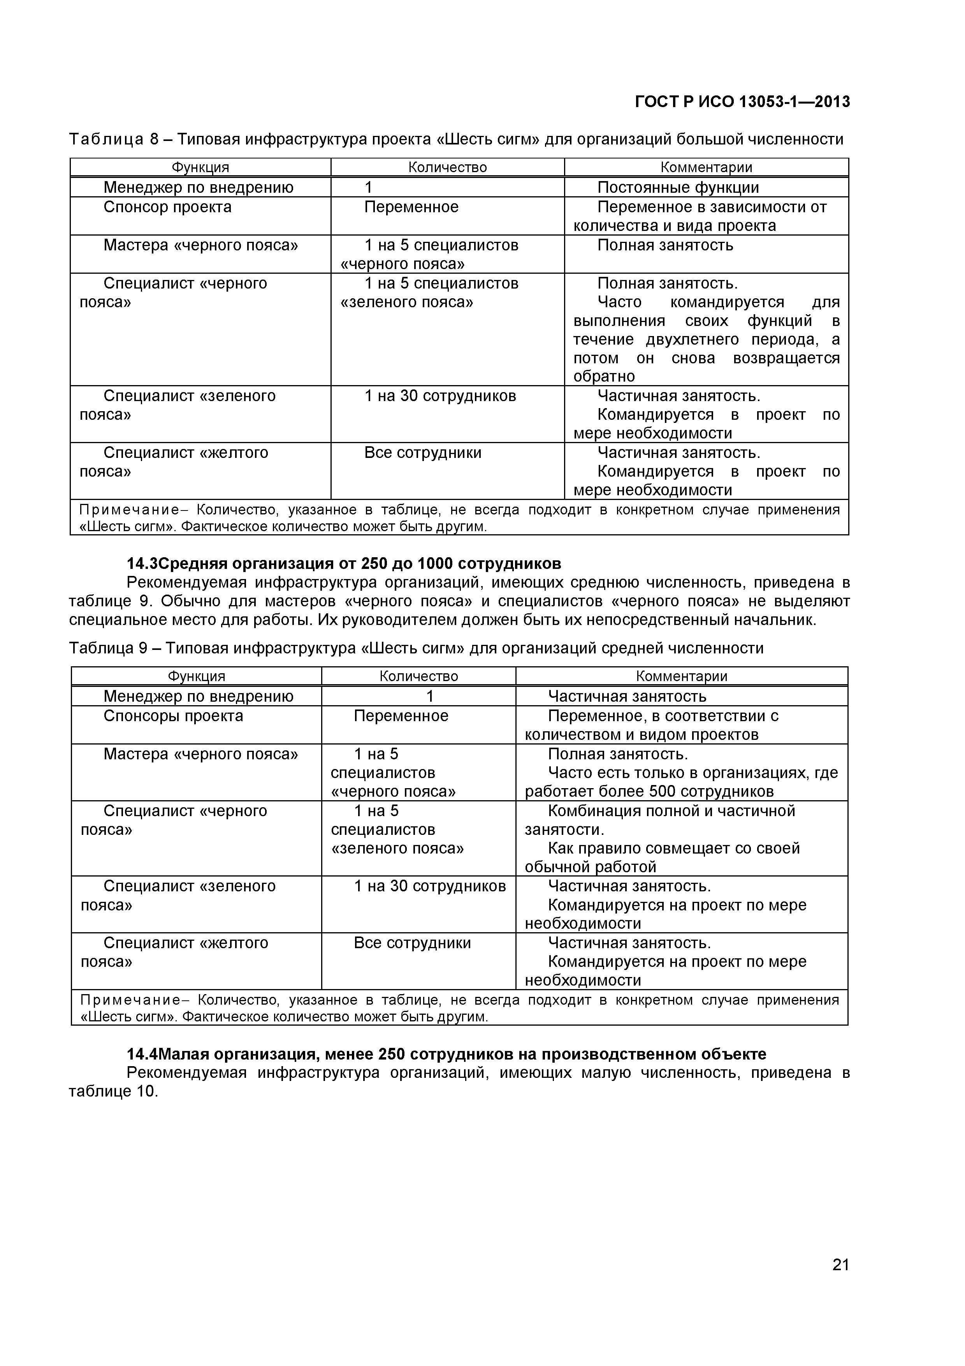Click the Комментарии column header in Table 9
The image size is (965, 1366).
coord(681,676)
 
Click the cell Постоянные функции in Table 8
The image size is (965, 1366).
coord(678,188)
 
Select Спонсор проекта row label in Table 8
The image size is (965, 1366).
coord(167,207)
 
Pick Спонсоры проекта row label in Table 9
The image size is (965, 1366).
coord(173,716)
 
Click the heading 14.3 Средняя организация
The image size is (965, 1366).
coord(344,563)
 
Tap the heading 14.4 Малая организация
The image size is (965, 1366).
coord(446,1054)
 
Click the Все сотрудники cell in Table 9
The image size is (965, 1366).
coord(412,943)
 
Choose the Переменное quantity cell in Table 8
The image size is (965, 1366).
coord(411,207)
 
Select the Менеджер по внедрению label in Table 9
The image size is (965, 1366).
coord(198,697)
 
